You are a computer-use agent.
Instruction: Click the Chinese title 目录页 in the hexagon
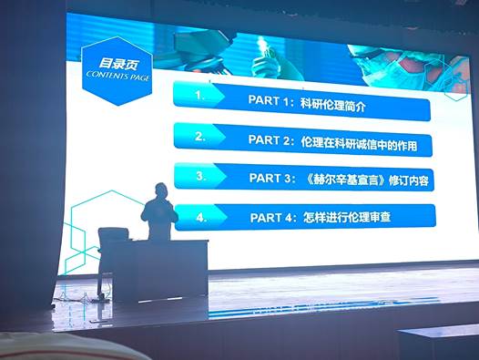[118, 64]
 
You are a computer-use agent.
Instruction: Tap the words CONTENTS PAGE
[117, 76]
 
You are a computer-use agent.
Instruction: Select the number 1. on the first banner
[199, 96]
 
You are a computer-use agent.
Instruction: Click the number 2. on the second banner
[200, 137]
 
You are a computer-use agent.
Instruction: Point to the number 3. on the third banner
[200, 176]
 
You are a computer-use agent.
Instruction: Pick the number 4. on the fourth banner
[201, 218]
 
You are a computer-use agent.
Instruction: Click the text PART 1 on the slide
[269, 100]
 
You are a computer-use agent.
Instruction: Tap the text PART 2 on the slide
[269, 139]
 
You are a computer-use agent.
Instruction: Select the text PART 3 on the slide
[270, 178]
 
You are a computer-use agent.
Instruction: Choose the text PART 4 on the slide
[271, 218]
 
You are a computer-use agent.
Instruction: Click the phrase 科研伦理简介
[333, 105]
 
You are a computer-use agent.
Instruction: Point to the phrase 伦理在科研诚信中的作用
[359, 143]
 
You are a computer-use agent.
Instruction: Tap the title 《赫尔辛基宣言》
[345, 180]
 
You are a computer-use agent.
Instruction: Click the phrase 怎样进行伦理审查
[347, 218]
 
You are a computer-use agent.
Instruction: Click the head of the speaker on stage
[161, 190]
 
